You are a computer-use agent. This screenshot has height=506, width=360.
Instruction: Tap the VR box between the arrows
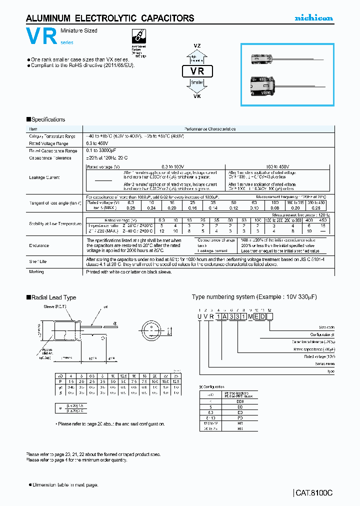(197, 71)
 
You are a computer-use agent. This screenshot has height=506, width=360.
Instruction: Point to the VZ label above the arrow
(197, 45)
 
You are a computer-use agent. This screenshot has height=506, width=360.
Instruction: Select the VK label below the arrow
(197, 96)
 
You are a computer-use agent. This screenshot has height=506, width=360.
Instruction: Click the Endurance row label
(39, 245)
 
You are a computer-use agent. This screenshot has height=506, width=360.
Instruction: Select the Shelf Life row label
(37, 260)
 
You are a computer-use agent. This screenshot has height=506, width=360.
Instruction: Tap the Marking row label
(36, 272)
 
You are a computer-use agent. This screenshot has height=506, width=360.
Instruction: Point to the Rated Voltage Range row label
(48, 143)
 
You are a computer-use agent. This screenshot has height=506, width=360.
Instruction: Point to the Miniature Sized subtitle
(79, 31)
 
